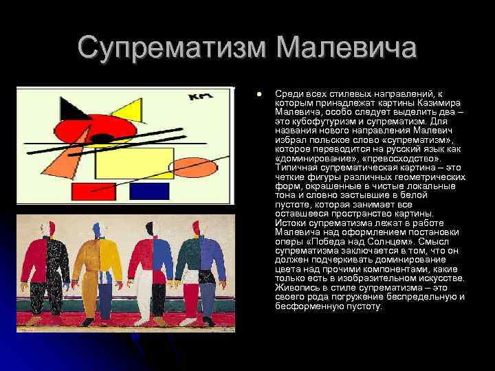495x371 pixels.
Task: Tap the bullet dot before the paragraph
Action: (x=258, y=93)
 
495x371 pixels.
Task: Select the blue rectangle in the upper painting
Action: (x=149, y=191)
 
